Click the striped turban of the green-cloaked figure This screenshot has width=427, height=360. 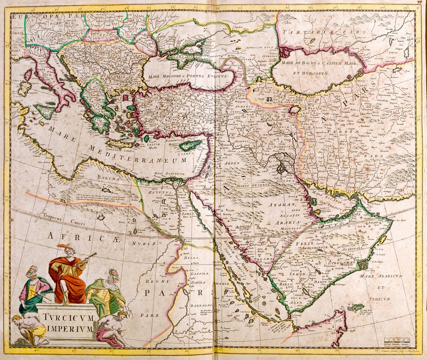(x=114, y=275)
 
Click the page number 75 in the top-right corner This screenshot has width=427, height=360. (x=420, y=2)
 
